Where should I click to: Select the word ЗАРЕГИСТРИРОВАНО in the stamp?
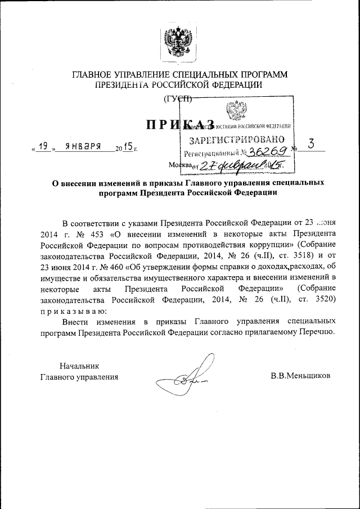[x=236, y=139]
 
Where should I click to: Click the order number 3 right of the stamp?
[x=310, y=144]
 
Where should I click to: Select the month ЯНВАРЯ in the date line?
[x=83, y=147]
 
